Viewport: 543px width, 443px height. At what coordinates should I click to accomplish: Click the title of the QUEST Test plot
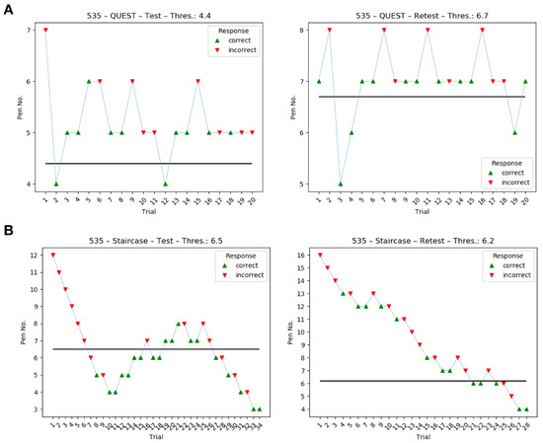(148, 13)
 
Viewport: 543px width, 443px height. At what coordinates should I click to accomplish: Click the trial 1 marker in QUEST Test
(45, 31)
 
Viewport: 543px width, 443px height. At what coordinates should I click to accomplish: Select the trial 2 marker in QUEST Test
(56, 184)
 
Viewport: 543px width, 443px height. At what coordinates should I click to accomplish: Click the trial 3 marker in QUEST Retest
(342, 184)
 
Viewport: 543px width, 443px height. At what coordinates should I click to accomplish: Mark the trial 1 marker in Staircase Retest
(320, 255)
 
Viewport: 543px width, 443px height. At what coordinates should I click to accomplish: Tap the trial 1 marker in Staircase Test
(52, 255)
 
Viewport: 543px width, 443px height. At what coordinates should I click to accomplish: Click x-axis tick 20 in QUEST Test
(252, 201)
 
